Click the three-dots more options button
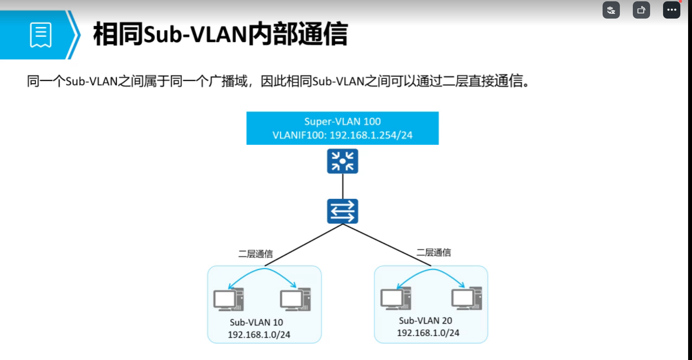click(x=671, y=10)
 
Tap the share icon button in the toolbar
click(x=641, y=10)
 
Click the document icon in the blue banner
click(x=41, y=35)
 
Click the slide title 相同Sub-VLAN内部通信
click(x=220, y=34)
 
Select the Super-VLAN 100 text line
click(x=342, y=121)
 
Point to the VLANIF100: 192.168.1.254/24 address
click(x=342, y=135)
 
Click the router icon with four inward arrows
click(x=343, y=161)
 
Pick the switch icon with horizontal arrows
click(x=343, y=211)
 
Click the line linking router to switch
click(x=343, y=186)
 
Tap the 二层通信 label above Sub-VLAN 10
click(x=256, y=254)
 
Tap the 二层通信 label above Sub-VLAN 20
click(x=433, y=252)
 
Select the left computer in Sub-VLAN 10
click(x=229, y=299)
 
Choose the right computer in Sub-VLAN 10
click(x=295, y=299)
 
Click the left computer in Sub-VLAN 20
click(x=396, y=298)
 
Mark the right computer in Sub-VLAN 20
click(x=467, y=298)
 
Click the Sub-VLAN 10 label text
click(x=256, y=322)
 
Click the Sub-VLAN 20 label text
click(x=425, y=321)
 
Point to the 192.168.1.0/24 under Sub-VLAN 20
click(x=428, y=333)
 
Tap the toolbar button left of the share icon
click(x=611, y=10)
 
